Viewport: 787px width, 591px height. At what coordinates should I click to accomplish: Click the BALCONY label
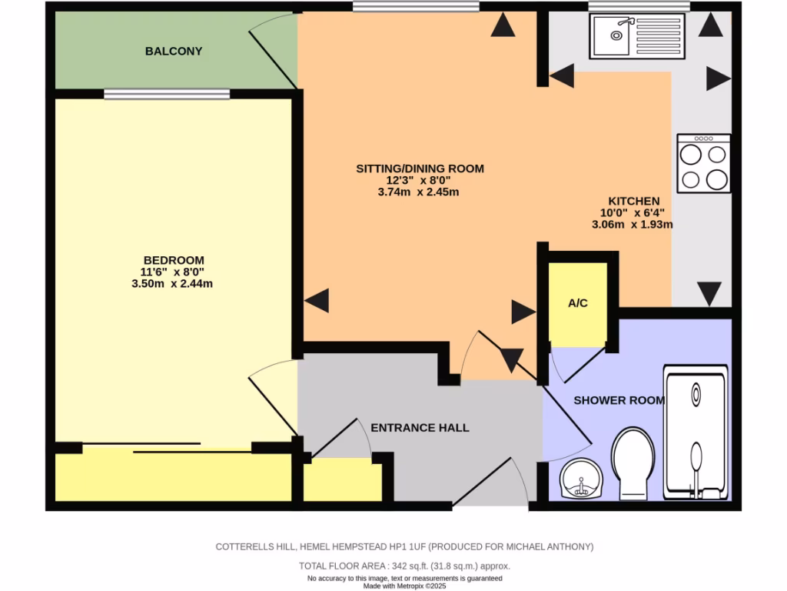[174, 52]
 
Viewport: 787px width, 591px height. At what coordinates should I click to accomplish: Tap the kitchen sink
[636, 36]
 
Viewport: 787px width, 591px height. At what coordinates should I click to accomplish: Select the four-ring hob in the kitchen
[704, 164]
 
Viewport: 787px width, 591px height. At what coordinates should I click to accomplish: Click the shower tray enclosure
[696, 433]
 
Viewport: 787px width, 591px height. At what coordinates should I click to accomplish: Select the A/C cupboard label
[578, 303]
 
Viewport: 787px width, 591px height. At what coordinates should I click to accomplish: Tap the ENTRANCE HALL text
[420, 428]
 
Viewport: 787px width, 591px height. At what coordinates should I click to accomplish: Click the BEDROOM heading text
[174, 260]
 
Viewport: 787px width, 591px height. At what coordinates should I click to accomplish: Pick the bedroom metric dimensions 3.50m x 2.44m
[172, 283]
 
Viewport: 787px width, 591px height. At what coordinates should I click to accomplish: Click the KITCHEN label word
[634, 201]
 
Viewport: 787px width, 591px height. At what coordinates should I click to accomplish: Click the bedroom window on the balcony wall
[167, 95]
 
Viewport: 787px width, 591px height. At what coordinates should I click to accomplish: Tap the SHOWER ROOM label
[619, 400]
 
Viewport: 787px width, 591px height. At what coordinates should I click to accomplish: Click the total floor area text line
[404, 566]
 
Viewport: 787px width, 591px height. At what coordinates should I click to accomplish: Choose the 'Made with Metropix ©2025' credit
[404, 586]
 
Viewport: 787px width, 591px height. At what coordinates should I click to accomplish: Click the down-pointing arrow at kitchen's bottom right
[709, 293]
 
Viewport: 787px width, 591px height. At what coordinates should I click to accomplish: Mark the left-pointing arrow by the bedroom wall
[317, 300]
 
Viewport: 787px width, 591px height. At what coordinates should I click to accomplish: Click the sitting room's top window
[416, 7]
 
